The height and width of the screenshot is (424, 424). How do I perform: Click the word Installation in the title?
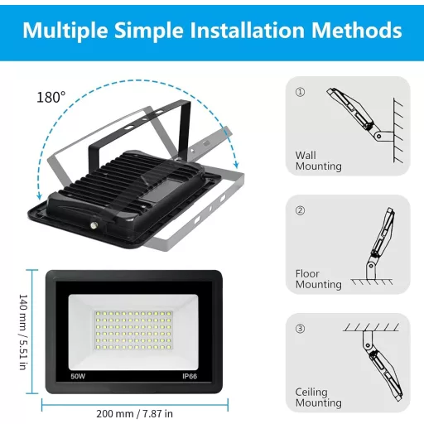click(248, 31)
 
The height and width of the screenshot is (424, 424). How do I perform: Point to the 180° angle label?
click(51, 98)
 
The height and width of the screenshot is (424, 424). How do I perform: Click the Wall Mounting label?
click(318, 161)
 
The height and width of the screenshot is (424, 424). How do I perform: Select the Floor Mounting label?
click(318, 279)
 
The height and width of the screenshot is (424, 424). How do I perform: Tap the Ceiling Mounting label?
click(318, 397)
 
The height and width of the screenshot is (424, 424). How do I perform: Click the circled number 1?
click(300, 92)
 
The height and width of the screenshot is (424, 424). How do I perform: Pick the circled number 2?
click(300, 210)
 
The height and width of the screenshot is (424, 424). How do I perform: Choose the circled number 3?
click(300, 329)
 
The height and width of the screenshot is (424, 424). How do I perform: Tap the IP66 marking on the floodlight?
click(189, 375)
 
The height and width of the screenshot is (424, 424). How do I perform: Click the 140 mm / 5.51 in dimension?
click(24, 330)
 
